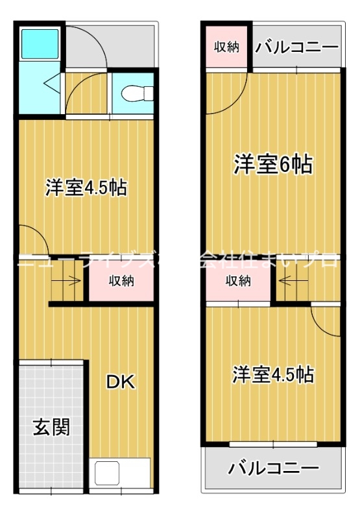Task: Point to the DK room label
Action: pyautogui.click(x=121, y=382)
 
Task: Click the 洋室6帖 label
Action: pyautogui.click(x=273, y=164)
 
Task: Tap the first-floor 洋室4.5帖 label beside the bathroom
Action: pyautogui.click(x=86, y=188)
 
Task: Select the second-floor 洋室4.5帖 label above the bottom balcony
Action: pyautogui.click(x=274, y=374)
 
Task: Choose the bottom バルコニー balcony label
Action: pyautogui.click(x=274, y=468)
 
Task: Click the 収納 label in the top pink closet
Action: pyautogui.click(x=226, y=47)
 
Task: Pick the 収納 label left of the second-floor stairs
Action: pyautogui.click(x=238, y=281)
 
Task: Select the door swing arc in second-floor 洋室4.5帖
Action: pyautogui.click(x=324, y=321)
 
